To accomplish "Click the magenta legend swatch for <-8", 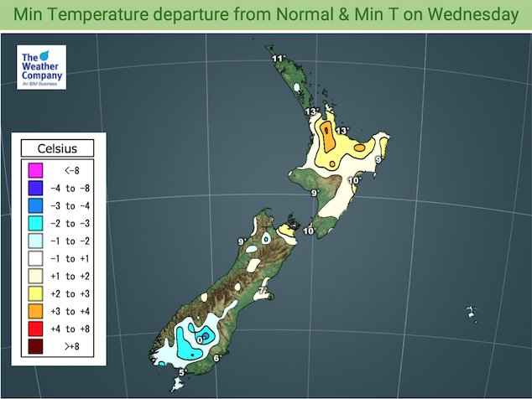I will click(x=35, y=171).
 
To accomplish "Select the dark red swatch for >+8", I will click(x=35, y=346).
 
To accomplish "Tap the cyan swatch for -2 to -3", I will click(x=35, y=223).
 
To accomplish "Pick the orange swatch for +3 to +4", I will click(x=35, y=311).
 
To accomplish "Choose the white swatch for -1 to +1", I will click(x=35, y=258).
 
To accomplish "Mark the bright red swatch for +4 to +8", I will click(x=35, y=329).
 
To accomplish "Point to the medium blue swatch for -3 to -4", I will click(x=35, y=205).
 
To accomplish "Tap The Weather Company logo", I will click(x=41, y=66).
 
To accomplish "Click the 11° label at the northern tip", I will click(x=279, y=58).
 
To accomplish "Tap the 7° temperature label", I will click(x=262, y=291).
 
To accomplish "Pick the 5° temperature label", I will click(x=182, y=372).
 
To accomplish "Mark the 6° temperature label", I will click(x=216, y=359).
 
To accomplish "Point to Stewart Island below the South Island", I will click(x=175, y=385).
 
